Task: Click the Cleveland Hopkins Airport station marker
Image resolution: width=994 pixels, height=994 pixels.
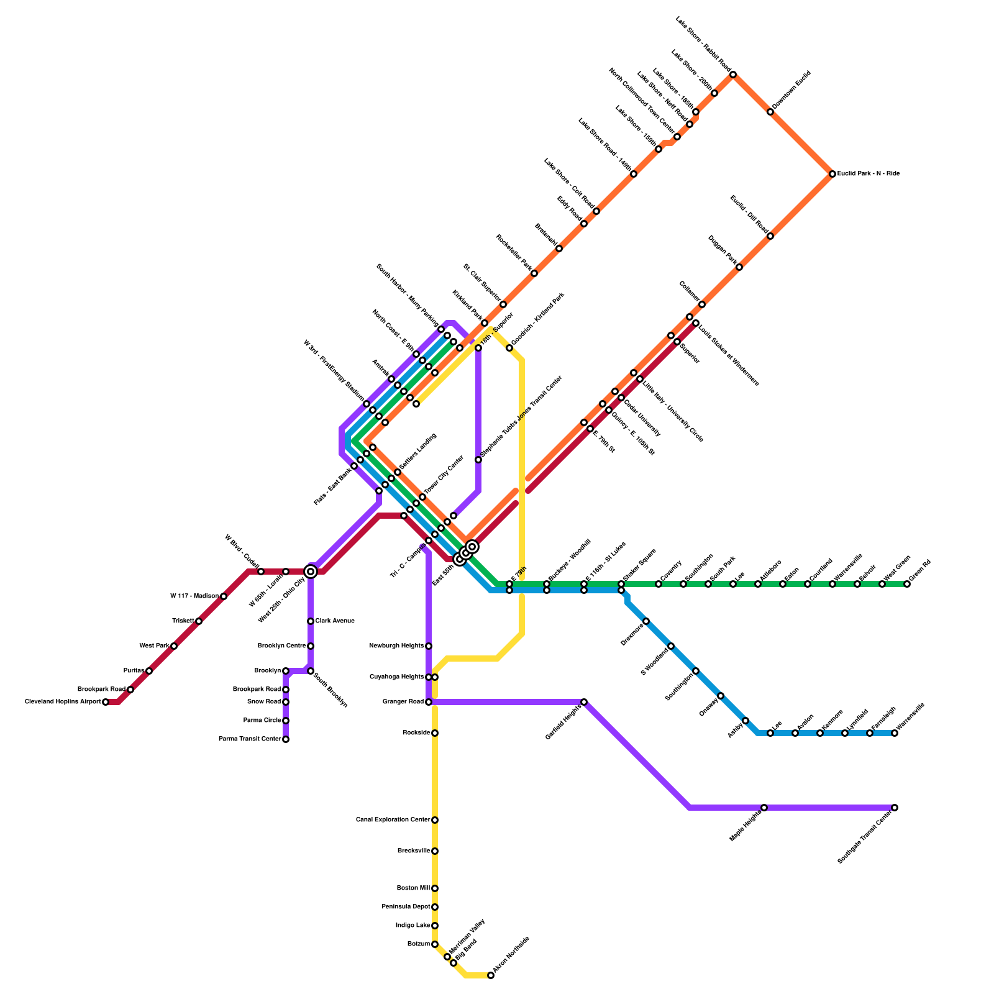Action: pyautogui.click(x=106, y=702)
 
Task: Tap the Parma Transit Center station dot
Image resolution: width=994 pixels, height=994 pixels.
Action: pyautogui.click(x=286, y=739)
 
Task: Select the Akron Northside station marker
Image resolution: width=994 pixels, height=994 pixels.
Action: pyautogui.click(x=491, y=975)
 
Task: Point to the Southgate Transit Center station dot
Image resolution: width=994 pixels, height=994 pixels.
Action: pyautogui.click(x=895, y=808)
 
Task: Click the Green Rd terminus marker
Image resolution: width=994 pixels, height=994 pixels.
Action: pyautogui.click(x=907, y=584)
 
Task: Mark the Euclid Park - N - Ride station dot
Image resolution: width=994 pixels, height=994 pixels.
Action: pyautogui.click(x=832, y=174)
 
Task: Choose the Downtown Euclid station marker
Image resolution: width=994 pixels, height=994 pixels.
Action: pyautogui.click(x=770, y=112)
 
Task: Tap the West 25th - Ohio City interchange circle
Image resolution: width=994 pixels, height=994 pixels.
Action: pyautogui.click(x=311, y=572)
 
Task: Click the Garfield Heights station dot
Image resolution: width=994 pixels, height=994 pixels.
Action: pyautogui.click(x=584, y=702)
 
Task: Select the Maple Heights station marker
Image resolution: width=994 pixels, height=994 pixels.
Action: pyautogui.click(x=764, y=808)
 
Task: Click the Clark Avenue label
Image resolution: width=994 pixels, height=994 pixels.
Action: pyautogui.click(x=335, y=621)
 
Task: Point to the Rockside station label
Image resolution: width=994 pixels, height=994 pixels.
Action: pyautogui.click(x=416, y=733)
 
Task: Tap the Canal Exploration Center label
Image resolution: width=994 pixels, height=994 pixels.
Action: pyautogui.click(x=393, y=820)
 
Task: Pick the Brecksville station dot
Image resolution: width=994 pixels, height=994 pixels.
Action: pyautogui.click(x=435, y=851)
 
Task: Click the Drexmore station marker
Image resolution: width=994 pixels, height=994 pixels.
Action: pyautogui.click(x=646, y=621)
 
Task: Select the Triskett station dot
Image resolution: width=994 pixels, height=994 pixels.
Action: pyautogui.click(x=199, y=621)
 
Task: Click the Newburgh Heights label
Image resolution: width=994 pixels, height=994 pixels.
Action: pyautogui.click(x=396, y=646)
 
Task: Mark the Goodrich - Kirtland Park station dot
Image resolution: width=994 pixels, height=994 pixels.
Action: pyautogui.click(x=509, y=348)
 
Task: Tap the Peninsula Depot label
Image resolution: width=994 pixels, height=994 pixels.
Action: pyautogui.click(x=406, y=907)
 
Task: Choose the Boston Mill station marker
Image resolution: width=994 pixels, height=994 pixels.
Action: pyautogui.click(x=435, y=888)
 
